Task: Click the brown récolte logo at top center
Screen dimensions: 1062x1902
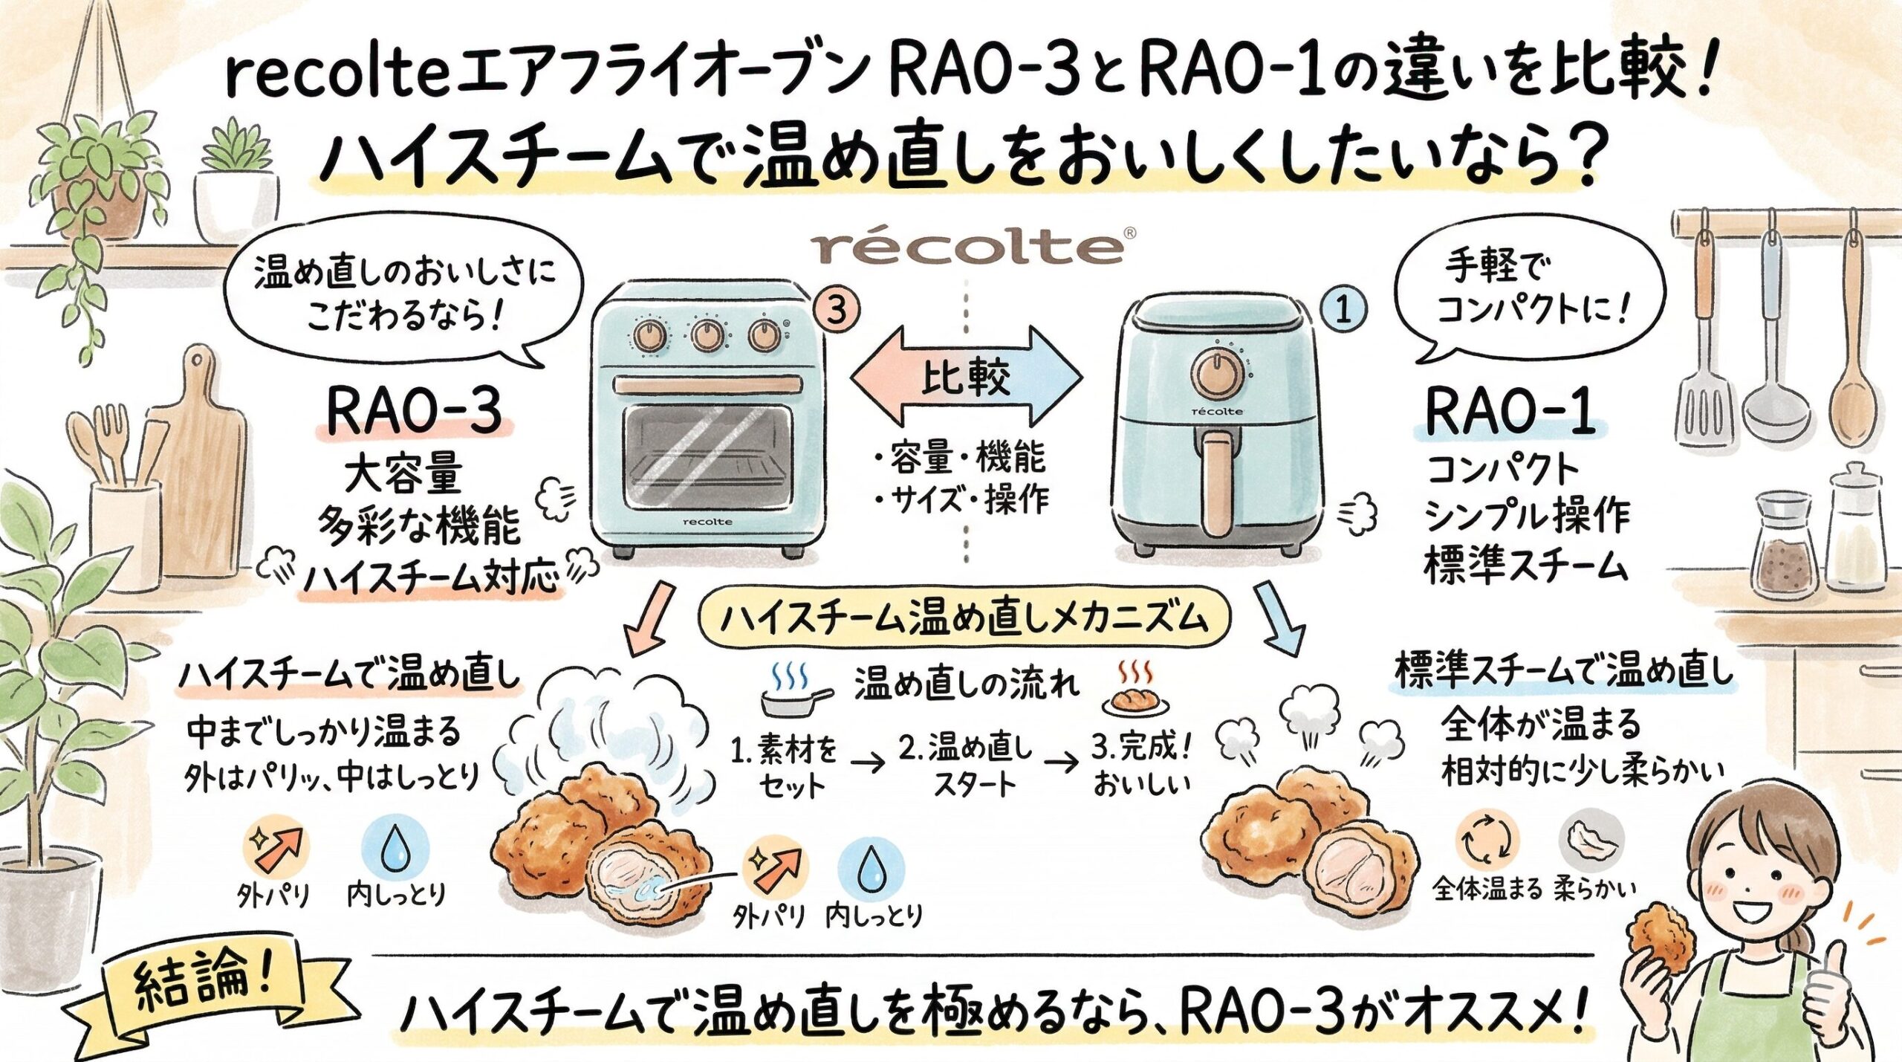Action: pyautogui.click(x=966, y=249)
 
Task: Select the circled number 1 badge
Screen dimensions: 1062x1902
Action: pyautogui.click(x=1343, y=311)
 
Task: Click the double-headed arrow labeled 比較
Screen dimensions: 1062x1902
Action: pyautogui.click(x=966, y=378)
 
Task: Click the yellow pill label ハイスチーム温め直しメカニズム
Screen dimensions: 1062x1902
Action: pyautogui.click(x=964, y=618)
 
